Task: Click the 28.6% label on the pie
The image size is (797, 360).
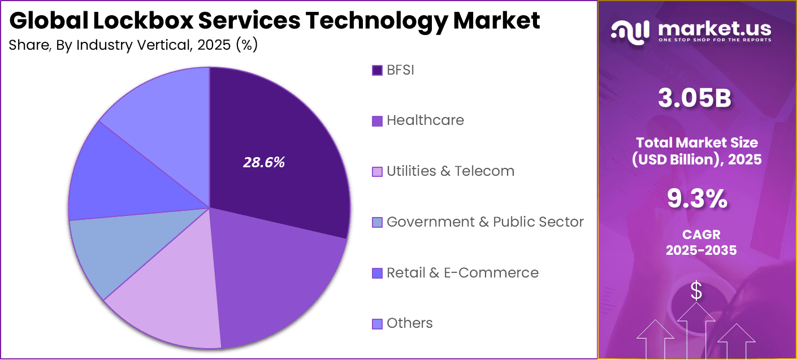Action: click(264, 163)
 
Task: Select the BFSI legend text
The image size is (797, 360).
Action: click(400, 70)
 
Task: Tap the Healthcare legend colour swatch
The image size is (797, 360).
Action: click(377, 121)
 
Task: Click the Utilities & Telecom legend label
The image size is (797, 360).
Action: click(451, 171)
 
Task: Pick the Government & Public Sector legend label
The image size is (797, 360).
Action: click(485, 222)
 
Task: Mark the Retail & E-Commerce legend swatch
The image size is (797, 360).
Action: click(377, 274)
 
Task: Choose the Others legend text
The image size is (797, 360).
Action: click(410, 323)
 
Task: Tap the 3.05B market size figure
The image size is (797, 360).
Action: click(695, 98)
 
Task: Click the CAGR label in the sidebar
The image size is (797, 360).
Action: click(701, 234)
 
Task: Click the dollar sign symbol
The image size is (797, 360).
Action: click(697, 292)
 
